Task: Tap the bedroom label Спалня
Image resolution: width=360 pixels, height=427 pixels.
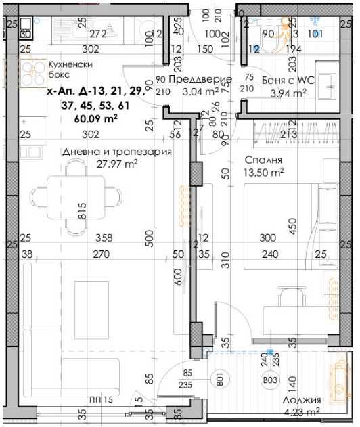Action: pyautogui.click(x=263, y=161)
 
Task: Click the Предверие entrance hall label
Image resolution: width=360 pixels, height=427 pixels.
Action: pyautogui.click(x=200, y=80)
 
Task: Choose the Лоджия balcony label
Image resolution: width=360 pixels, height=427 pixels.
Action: pyautogui.click(x=301, y=399)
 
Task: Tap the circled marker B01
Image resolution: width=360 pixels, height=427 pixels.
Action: pyautogui.click(x=219, y=381)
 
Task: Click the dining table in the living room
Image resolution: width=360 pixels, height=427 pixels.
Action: pyautogui.click(x=78, y=195)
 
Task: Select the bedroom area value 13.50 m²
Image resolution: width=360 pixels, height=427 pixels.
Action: pyautogui.click(x=264, y=173)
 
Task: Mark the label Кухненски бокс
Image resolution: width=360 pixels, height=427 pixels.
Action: pyautogui.click(x=69, y=70)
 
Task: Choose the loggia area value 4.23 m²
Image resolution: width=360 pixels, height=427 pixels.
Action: pyautogui.click(x=301, y=411)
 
